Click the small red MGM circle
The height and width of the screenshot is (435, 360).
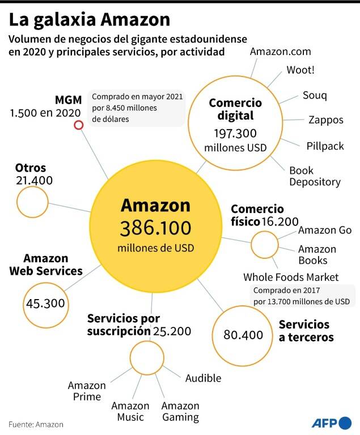[79, 125]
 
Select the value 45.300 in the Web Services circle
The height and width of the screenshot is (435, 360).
[45, 304]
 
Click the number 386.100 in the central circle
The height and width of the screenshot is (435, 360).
[155, 228]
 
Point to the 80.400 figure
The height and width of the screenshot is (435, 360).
[243, 335]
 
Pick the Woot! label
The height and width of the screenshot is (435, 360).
[300, 70]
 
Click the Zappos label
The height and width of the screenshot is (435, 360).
[326, 120]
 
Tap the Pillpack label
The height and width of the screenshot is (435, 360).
[325, 146]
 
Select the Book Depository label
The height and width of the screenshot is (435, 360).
[315, 176]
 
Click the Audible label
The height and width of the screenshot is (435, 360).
[204, 378]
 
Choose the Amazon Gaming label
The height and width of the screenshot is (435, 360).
[180, 412]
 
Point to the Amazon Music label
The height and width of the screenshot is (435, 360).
[130, 411]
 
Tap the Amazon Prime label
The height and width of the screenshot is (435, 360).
[87, 391]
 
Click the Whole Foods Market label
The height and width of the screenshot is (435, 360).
[291, 277]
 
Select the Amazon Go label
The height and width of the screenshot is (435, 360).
[325, 231]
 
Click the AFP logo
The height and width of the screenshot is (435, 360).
[332, 423]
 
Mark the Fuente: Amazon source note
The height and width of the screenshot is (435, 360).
[36, 424]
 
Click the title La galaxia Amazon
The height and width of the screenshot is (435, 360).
[90, 20]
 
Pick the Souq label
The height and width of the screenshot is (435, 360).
[315, 95]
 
